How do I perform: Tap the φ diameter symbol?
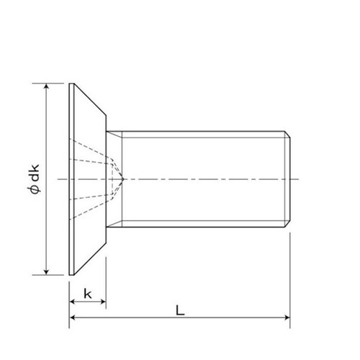[35, 190]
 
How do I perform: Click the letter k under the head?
[88, 294]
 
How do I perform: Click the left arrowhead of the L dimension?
[73, 318]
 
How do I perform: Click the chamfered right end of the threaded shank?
[287, 178]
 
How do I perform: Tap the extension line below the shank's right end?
[289, 274]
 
